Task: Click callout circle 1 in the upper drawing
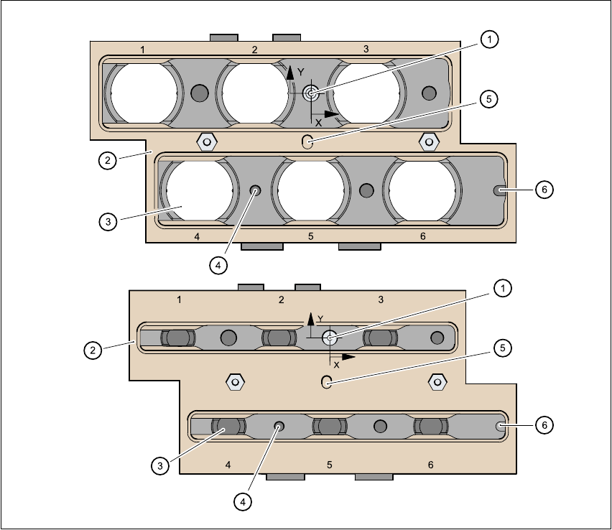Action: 489,40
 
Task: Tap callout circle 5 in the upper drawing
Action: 488,99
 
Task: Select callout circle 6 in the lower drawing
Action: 544,425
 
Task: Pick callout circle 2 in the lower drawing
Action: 92,350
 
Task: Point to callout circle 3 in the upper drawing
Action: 107,221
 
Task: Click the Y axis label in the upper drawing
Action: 301,72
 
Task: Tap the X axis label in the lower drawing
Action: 335,365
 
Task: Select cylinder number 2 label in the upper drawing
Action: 254,50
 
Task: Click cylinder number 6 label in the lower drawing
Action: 431,465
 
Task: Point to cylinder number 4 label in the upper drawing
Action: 197,236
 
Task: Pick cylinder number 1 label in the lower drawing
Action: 179,298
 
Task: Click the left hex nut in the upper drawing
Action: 206,141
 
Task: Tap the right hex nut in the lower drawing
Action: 435,381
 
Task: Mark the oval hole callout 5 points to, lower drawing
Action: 325,381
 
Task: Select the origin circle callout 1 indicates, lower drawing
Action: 330,338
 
